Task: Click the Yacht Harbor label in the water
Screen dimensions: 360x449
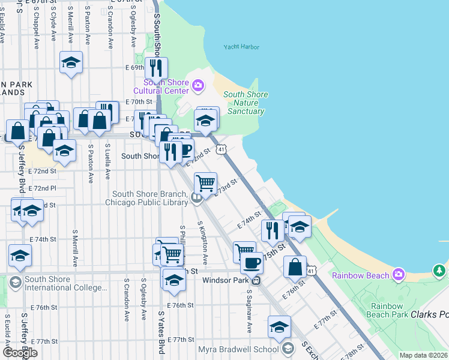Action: click(x=240, y=46)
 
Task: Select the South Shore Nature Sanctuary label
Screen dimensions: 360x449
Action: click(x=246, y=103)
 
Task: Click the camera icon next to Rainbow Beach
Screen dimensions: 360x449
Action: click(x=398, y=275)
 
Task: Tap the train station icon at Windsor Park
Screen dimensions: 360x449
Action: click(x=256, y=280)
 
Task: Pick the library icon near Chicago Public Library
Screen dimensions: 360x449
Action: click(x=196, y=199)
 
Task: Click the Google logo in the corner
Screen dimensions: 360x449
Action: click(x=20, y=352)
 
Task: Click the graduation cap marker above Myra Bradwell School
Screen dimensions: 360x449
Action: click(x=279, y=327)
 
